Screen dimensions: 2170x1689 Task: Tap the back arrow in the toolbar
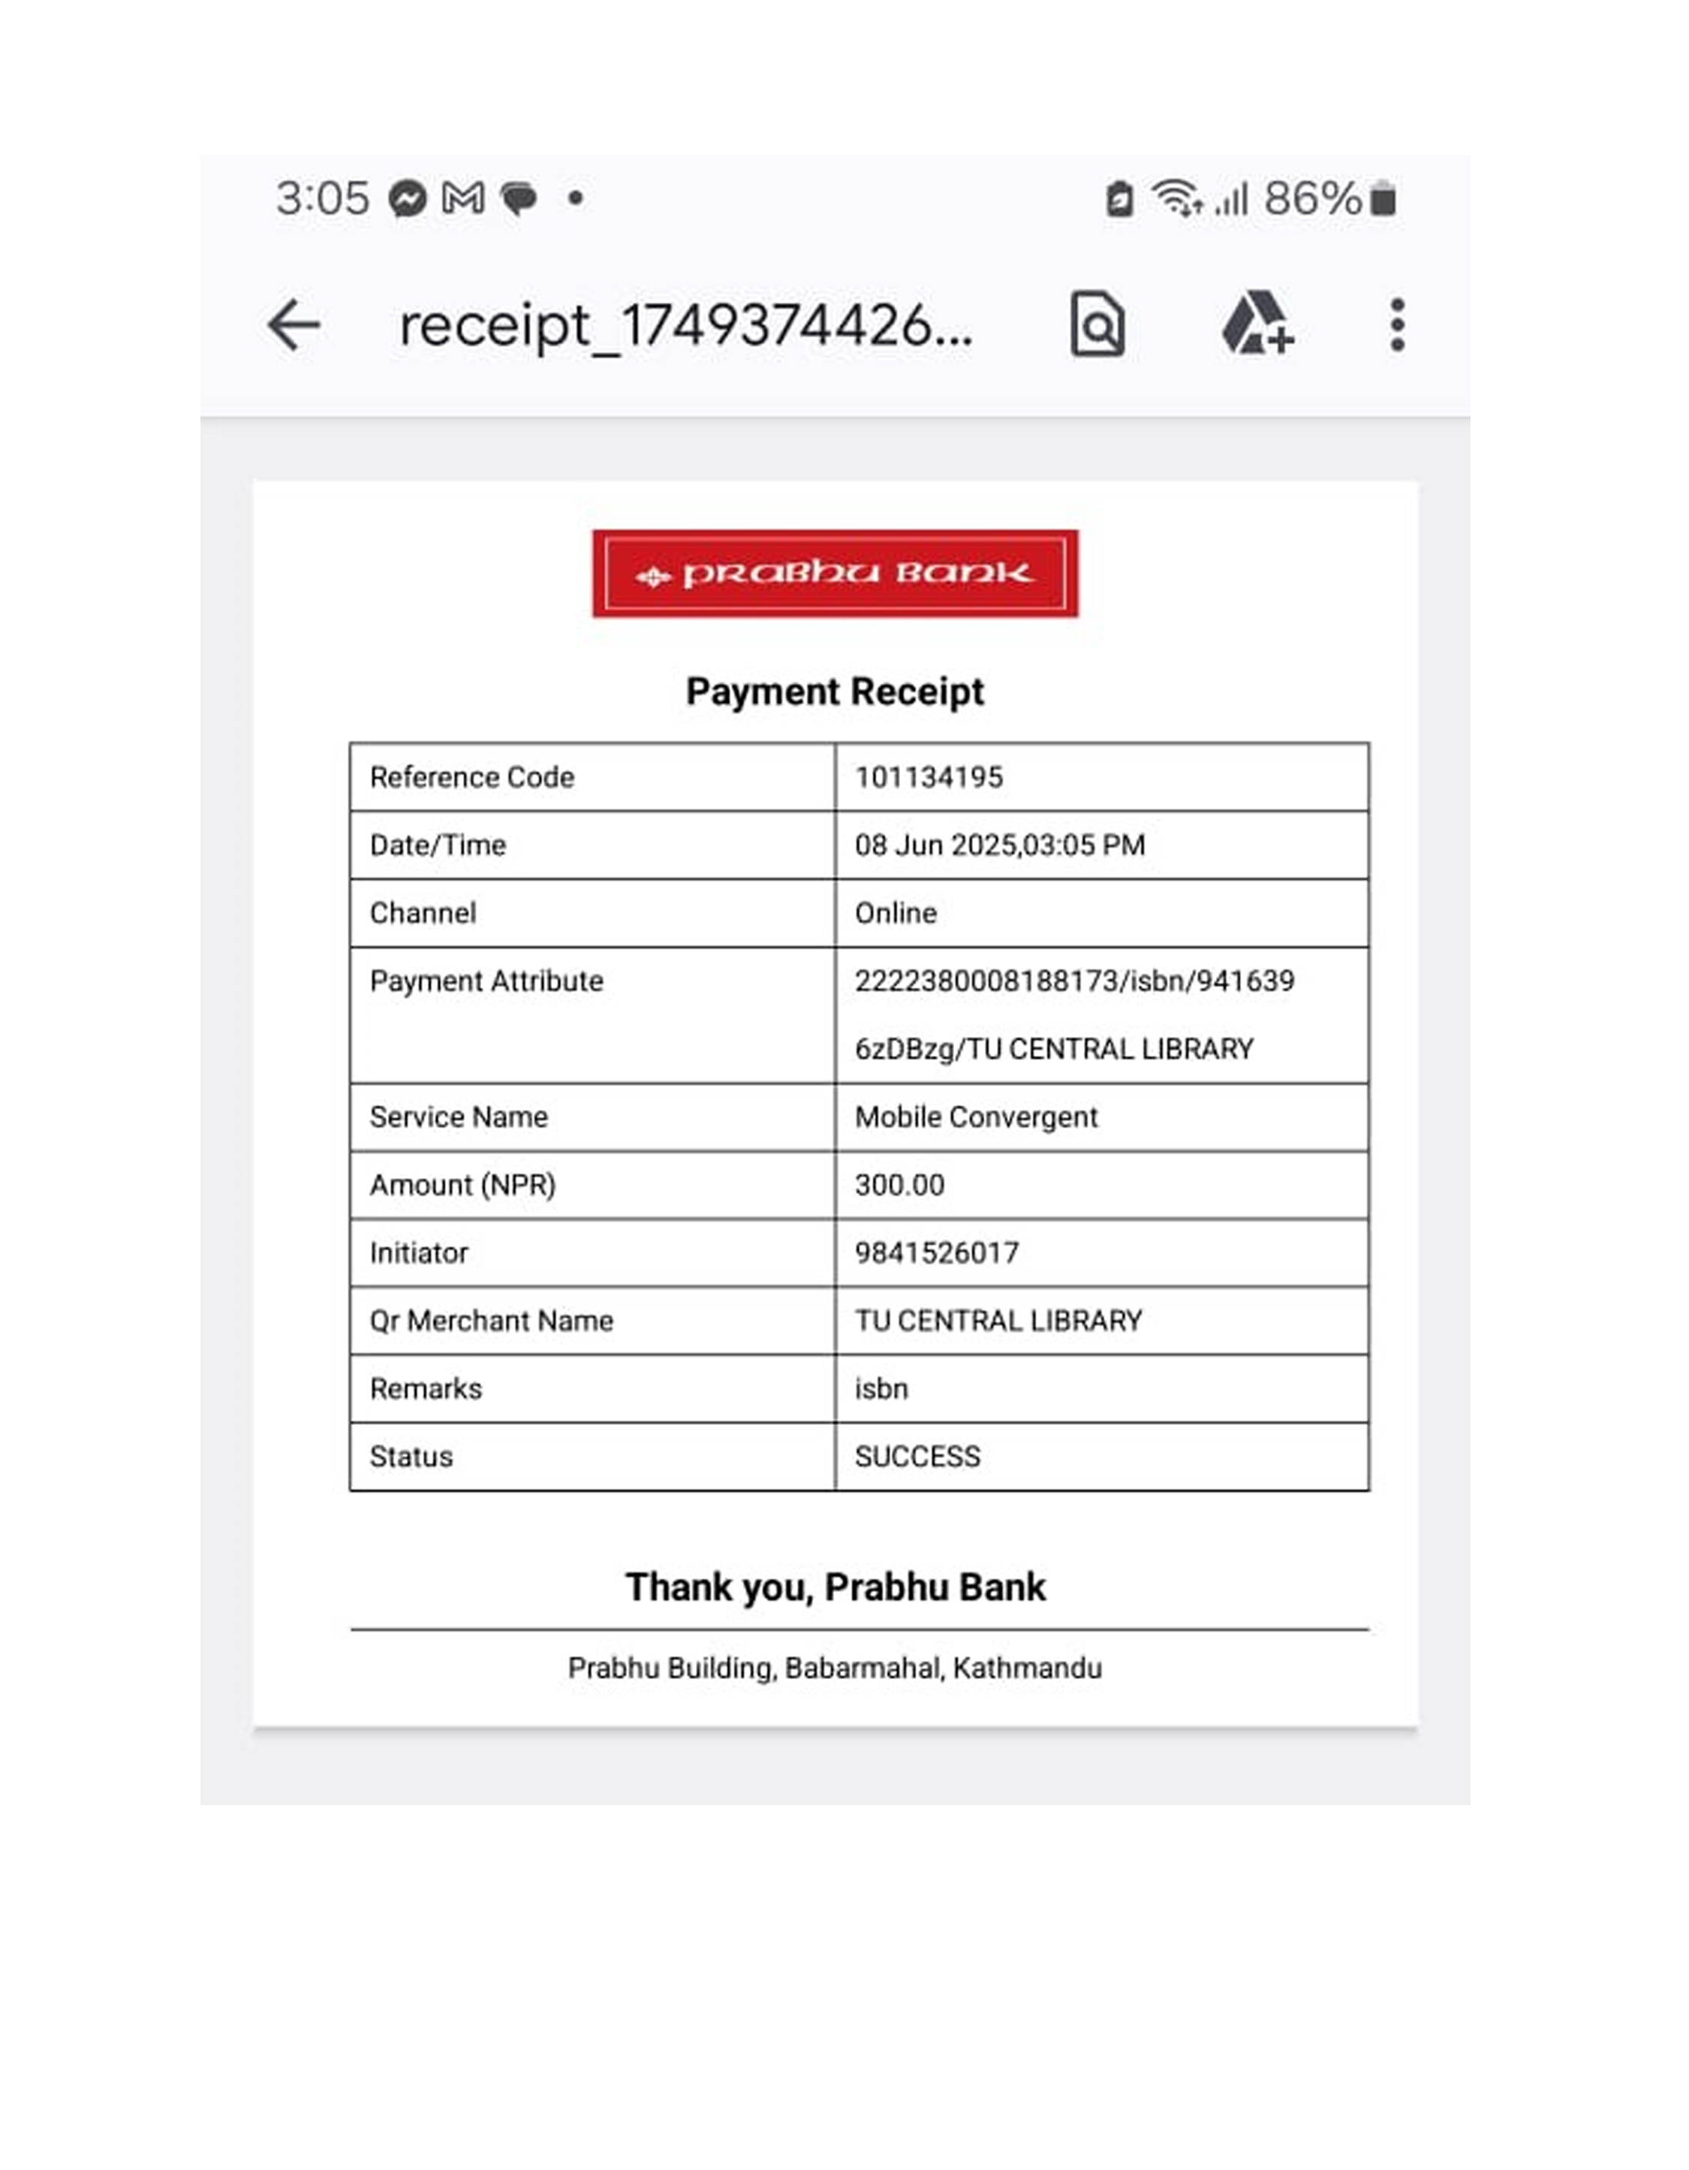tap(294, 325)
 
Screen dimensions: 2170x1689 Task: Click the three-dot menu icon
tap(1397, 325)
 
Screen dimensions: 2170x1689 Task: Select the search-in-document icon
tap(1097, 324)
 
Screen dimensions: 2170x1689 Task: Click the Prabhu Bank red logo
tap(835, 574)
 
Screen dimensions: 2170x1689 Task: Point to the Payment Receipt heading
tap(835, 692)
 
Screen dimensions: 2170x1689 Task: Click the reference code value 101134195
tap(929, 777)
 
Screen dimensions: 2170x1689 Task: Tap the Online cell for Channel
tap(896, 913)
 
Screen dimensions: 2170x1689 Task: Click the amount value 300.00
tap(900, 1186)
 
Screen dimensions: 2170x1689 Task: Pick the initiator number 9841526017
tap(937, 1253)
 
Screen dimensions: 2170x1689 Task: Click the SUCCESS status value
tap(918, 1457)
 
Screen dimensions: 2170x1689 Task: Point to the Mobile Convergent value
tap(977, 1118)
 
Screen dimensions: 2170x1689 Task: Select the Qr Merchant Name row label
tap(492, 1322)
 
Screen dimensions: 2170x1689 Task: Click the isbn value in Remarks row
tap(881, 1389)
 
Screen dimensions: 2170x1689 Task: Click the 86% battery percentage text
tap(1312, 199)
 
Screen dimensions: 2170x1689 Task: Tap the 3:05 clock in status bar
tap(323, 199)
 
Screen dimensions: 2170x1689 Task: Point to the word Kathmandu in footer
tap(1028, 1668)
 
